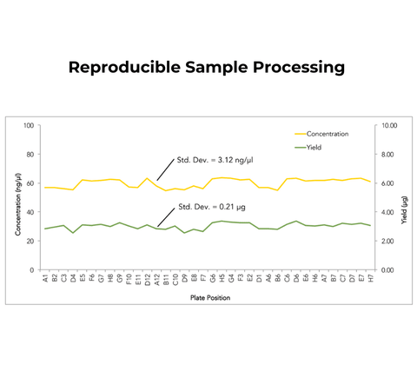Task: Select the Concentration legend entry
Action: (x=326, y=134)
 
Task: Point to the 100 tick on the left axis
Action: (x=27, y=126)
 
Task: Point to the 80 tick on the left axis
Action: (x=29, y=155)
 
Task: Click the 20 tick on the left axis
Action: (x=29, y=241)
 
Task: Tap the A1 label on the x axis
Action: (x=45, y=278)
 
